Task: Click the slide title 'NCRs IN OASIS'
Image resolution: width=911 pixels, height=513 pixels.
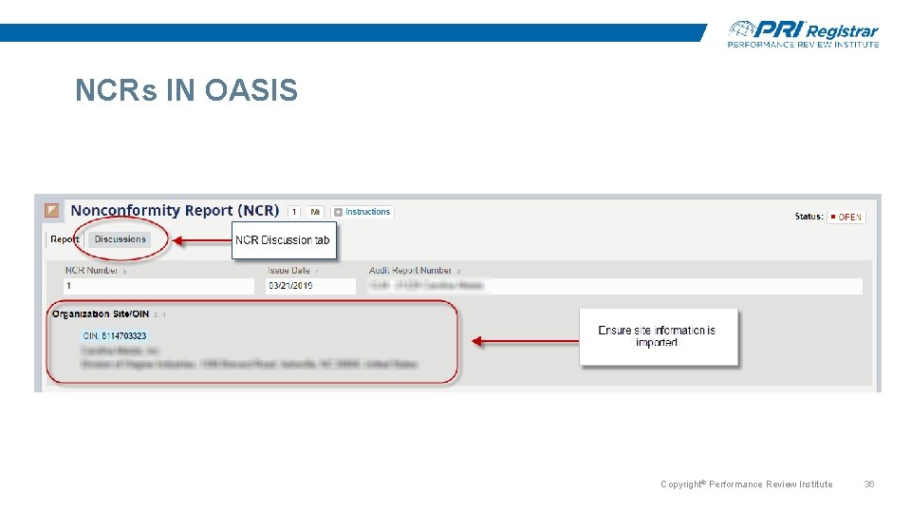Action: pos(186,91)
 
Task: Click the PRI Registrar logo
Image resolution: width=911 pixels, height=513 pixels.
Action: pos(803,33)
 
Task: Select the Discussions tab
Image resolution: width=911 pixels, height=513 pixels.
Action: pos(121,239)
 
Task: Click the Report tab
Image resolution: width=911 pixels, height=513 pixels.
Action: pos(65,239)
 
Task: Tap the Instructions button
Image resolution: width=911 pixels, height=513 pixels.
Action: pos(363,212)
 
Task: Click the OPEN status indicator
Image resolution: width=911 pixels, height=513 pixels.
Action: pos(846,218)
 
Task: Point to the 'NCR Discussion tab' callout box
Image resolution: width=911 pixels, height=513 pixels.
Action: pos(283,240)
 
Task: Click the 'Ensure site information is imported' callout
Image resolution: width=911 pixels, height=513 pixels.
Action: pos(657,336)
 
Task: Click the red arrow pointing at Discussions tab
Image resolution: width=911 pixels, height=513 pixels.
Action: pos(200,241)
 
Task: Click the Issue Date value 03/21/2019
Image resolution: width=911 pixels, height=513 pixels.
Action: pos(290,286)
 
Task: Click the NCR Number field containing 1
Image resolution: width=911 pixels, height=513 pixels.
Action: pos(158,286)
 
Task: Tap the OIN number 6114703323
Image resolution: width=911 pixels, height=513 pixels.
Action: pos(115,335)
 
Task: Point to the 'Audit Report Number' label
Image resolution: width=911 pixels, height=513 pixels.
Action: pos(410,271)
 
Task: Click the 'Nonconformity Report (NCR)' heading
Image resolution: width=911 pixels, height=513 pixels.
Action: pos(175,211)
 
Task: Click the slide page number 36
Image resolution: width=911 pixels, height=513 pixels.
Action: pos(868,484)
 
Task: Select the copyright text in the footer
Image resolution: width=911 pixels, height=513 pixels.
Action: pos(746,484)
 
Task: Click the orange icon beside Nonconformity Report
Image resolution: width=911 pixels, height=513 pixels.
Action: pos(52,211)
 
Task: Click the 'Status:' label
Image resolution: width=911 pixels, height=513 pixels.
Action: pos(809,217)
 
